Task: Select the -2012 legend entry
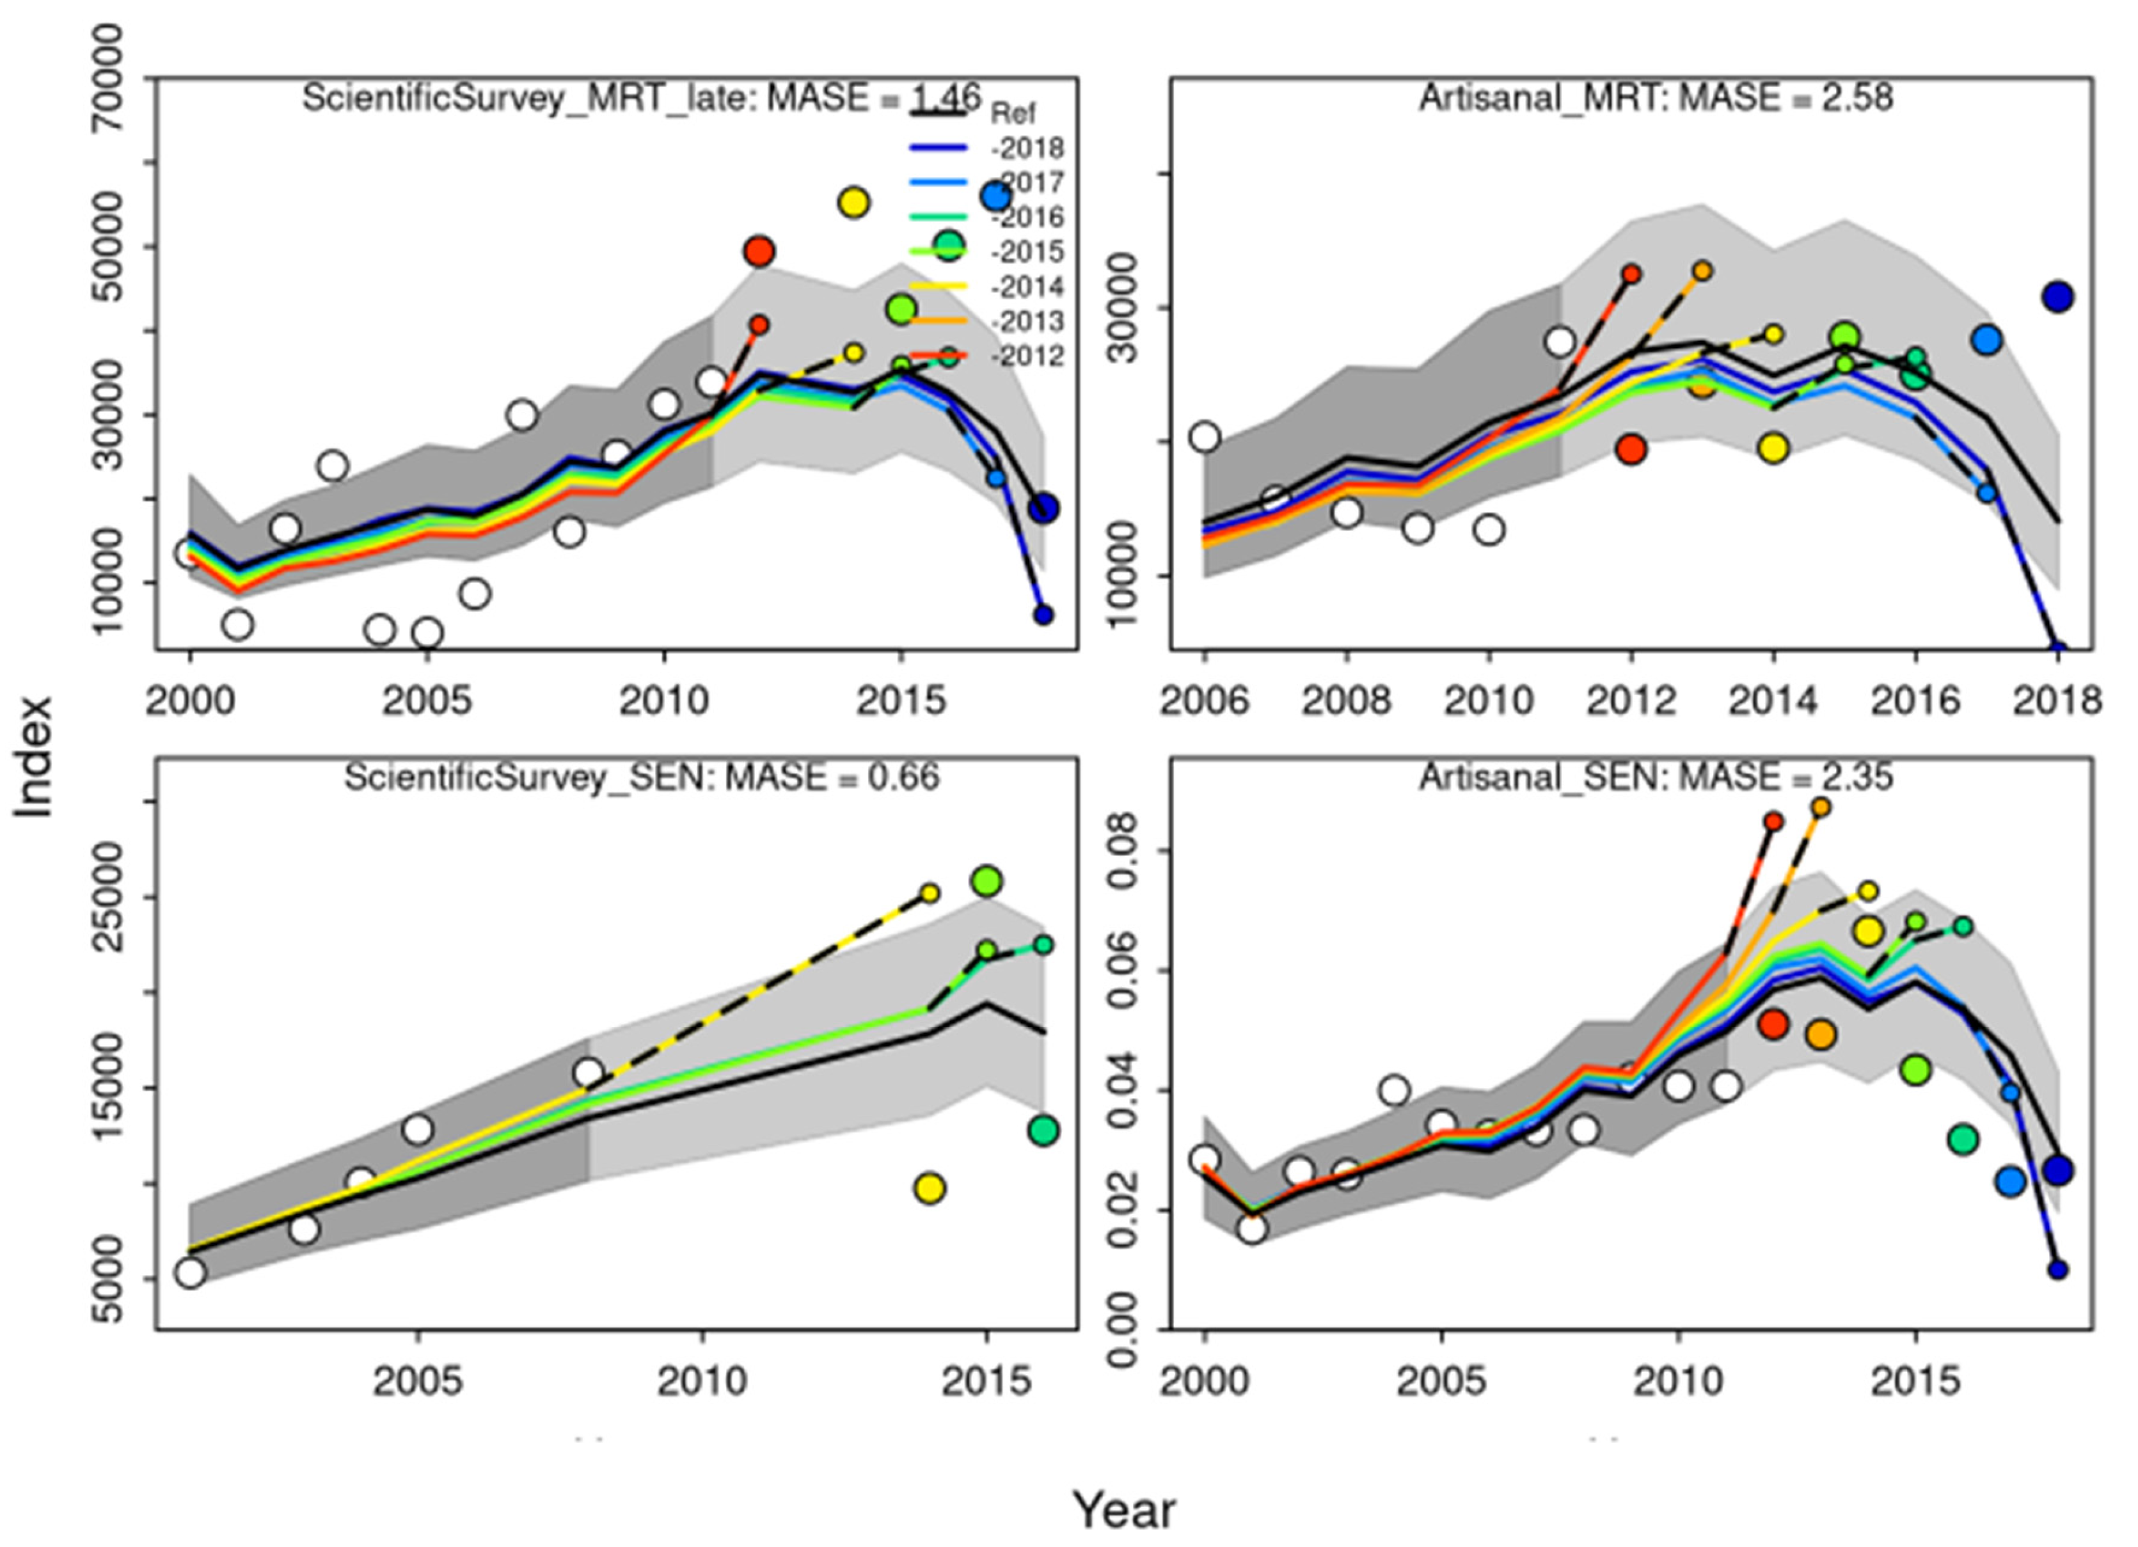tap(1027, 357)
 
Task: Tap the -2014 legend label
tap(1027, 287)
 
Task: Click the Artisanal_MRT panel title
tap(1656, 98)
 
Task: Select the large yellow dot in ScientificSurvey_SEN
tap(930, 1189)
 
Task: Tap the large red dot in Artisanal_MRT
tap(1631, 448)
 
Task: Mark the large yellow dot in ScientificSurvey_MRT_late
tap(853, 203)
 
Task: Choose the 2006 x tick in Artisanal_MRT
tap(1205, 701)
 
